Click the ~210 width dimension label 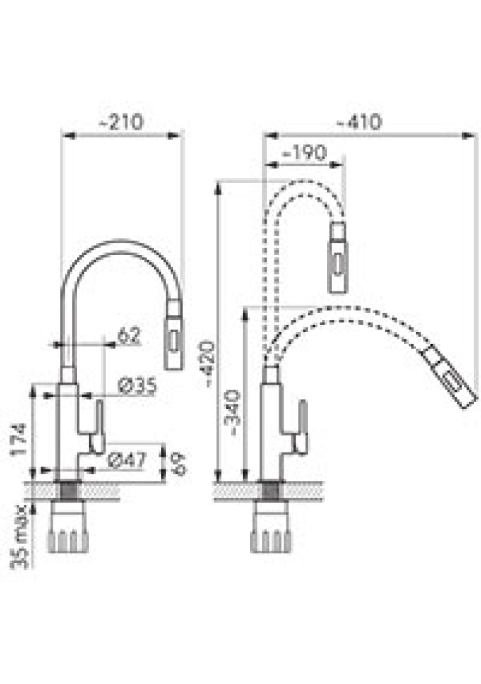coord(121,122)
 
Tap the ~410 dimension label coord(359,122)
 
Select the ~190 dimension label coord(304,152)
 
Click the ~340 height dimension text coord(232,413)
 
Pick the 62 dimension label coord(129,335)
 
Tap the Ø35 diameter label coord(137,386)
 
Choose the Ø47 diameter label coord(127,460)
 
